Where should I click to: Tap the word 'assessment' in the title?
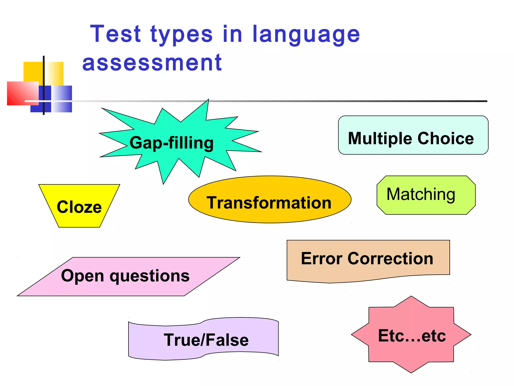pos(152,63)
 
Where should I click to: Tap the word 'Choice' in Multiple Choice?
pos(446,138)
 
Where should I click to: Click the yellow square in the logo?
pos(33,72)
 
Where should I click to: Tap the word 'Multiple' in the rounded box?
pos(380,138)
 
